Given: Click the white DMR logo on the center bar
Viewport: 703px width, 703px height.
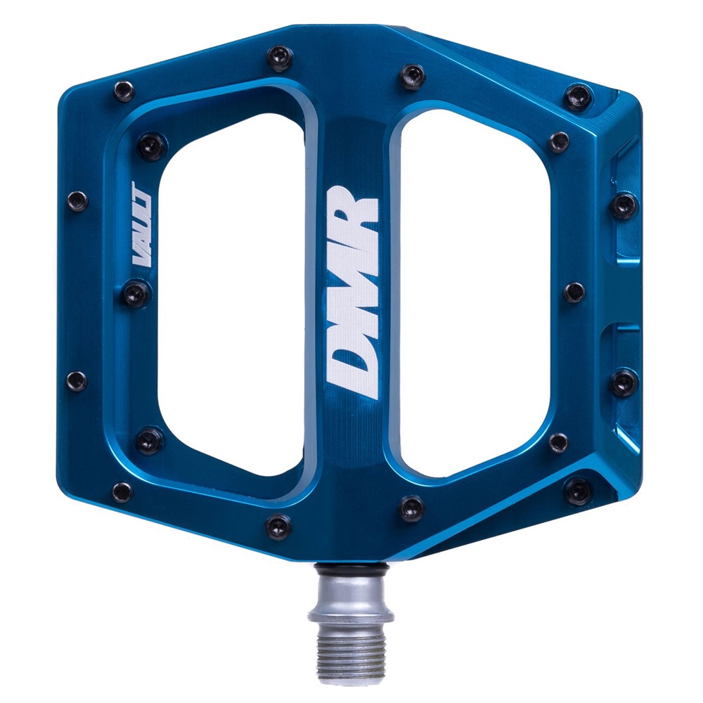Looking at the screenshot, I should click(x=354, y=292).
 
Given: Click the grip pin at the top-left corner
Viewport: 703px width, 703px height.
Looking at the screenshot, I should click(x=124, y=91).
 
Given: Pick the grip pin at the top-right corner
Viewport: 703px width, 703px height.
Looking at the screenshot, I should click(x=579, y=97).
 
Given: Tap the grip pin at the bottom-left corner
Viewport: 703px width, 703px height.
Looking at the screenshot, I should click(x=122, y=491).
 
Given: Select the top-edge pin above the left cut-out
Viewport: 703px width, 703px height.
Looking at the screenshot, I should click(x=279, y=58).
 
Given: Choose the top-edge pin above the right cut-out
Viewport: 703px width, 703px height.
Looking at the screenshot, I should click(x=412, y=76).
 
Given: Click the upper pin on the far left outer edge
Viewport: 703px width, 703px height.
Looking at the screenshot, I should click(x=77, y=200).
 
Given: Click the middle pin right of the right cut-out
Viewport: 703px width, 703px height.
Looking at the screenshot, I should click(x=574, y=292).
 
